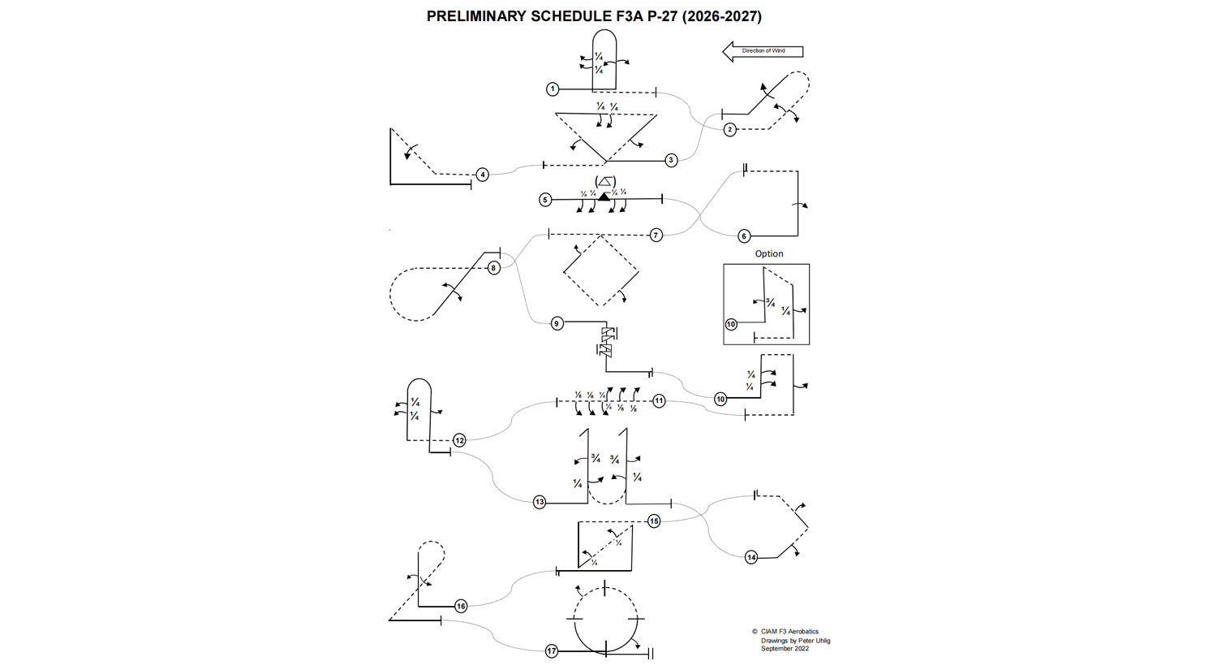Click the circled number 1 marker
coord(553,89)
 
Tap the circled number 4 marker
coord(483,175)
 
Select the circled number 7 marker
coord(656,235)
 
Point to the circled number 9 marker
coord(557,323)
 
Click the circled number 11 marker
coord(659,400)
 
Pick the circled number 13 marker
coord(540,502)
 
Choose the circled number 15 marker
coord(654,521)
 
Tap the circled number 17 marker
coord(552,651)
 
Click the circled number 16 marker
coord(461,606)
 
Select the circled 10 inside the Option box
coord(731,324)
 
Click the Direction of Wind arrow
coord(763,51)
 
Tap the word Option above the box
coord(769,253)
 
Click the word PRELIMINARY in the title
coord(476,16)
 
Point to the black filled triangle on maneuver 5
coord(604,197)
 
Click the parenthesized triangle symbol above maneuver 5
coord(604,182)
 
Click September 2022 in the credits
coord(785,648)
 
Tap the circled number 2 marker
coord(730,129)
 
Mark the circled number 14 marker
coord(751,557)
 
